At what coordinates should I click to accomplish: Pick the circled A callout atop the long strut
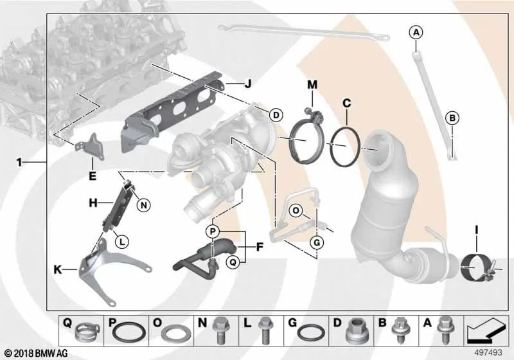point(416,32)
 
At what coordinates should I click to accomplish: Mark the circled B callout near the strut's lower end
point(452,118)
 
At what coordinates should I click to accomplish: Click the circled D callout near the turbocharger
point(275,115)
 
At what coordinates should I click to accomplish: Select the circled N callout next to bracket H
point(143,205)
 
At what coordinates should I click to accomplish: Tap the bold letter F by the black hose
point(259,245)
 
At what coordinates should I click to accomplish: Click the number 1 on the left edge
point(20,163)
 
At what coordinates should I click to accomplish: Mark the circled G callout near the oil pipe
point(317,242)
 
